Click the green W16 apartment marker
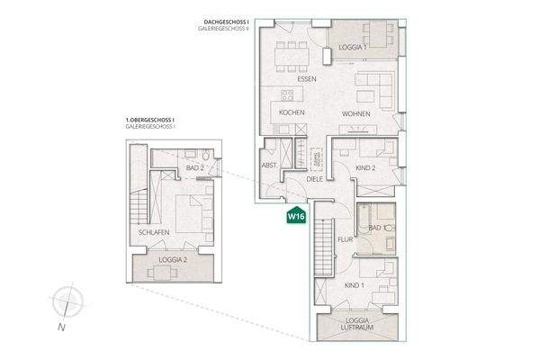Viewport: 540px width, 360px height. click(294, 217)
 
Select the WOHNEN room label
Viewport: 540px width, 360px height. click(356, 113)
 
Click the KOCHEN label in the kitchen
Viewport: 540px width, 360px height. click(292, 113)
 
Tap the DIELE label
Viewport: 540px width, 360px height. click(314, 180)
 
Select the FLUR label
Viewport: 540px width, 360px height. click(344, 240)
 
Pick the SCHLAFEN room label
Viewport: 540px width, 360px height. click(155, 232)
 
